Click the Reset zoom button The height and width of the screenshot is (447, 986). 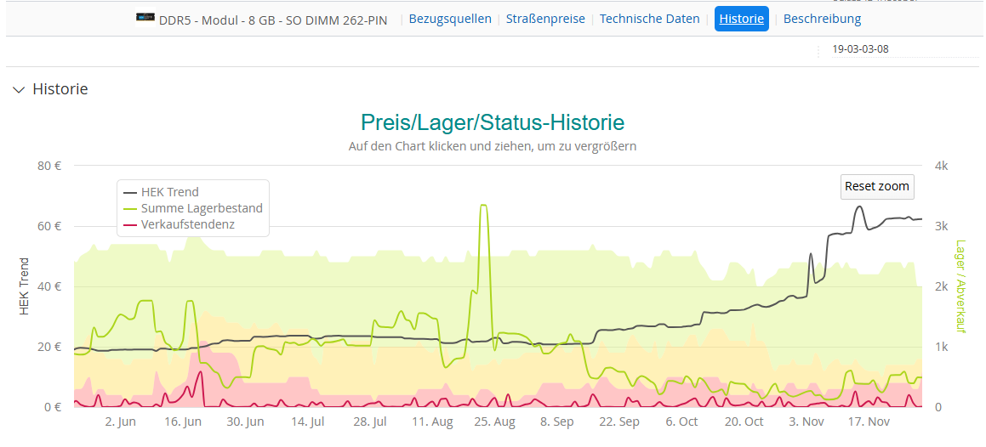tap(877, 186)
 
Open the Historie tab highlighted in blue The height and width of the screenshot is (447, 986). tap(741, 19)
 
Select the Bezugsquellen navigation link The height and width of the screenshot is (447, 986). tap(450, 19)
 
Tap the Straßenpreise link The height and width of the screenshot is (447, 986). tap(545, 19)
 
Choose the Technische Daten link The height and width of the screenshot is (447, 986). tap(650, 19)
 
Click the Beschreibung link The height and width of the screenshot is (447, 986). tap(822, 19)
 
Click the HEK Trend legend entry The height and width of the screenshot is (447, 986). tap(169, 192)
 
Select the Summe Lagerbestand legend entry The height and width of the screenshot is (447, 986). tap(202, 208)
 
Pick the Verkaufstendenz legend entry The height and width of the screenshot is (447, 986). tap(187, 224)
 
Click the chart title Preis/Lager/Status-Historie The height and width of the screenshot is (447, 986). tap(493, 122)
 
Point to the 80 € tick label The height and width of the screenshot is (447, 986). tap(48, 166)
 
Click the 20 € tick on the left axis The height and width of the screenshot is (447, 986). tap(48, 347)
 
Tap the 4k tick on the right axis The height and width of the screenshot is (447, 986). tap(941, 166)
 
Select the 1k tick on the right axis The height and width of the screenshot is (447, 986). tap(941, 347)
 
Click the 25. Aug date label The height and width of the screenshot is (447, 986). tap(493, 422)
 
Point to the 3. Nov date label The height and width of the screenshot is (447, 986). tap(806, 422)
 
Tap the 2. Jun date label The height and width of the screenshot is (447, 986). tap(120, 422)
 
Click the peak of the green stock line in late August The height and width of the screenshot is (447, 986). tap(483, 205)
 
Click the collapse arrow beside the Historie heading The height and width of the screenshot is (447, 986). tap(19, 89)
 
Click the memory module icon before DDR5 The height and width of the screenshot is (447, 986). tap(145, 18)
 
